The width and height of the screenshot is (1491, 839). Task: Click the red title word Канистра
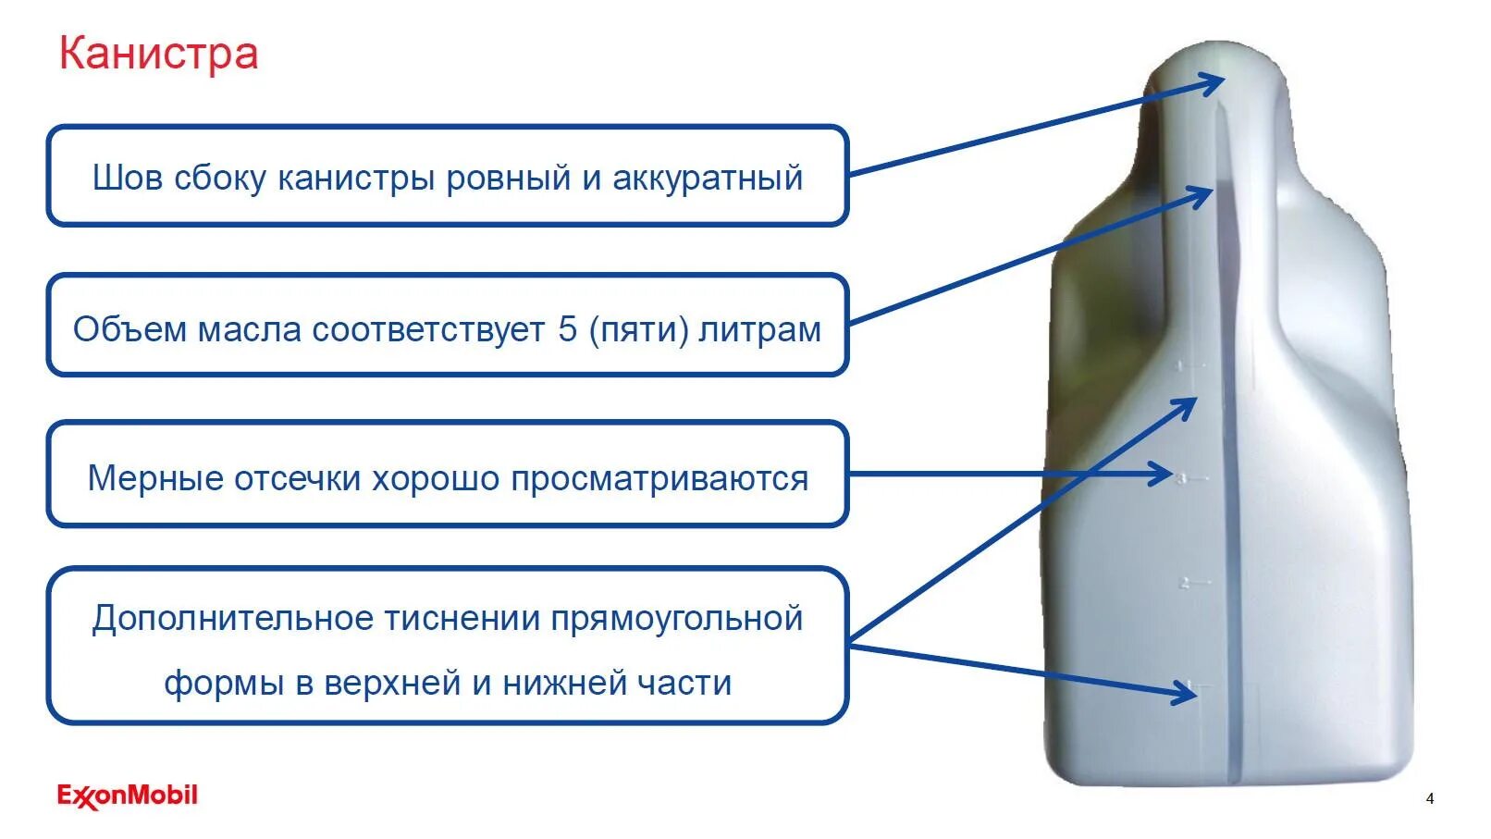(158, 54)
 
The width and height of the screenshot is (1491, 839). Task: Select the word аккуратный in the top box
(708, 178)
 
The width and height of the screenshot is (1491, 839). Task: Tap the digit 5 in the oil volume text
(567, 329)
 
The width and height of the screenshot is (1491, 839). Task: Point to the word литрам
(760, 329)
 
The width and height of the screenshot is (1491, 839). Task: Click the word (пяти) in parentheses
(639, 329)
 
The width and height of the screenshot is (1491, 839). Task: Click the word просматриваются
(659, 478)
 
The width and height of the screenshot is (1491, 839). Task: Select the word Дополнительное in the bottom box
(231, 618)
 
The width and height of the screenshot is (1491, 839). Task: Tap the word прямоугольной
(676, 618)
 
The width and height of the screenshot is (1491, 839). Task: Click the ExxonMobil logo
(128, 796)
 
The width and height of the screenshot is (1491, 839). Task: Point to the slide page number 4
(1430, 798)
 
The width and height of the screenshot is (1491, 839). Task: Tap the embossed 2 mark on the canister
(1185, 583)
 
